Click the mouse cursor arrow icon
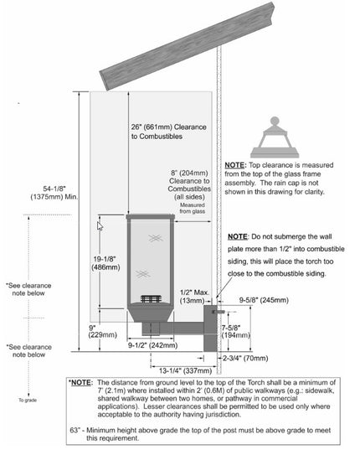(100, 226)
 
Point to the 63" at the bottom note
(76, 429)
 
